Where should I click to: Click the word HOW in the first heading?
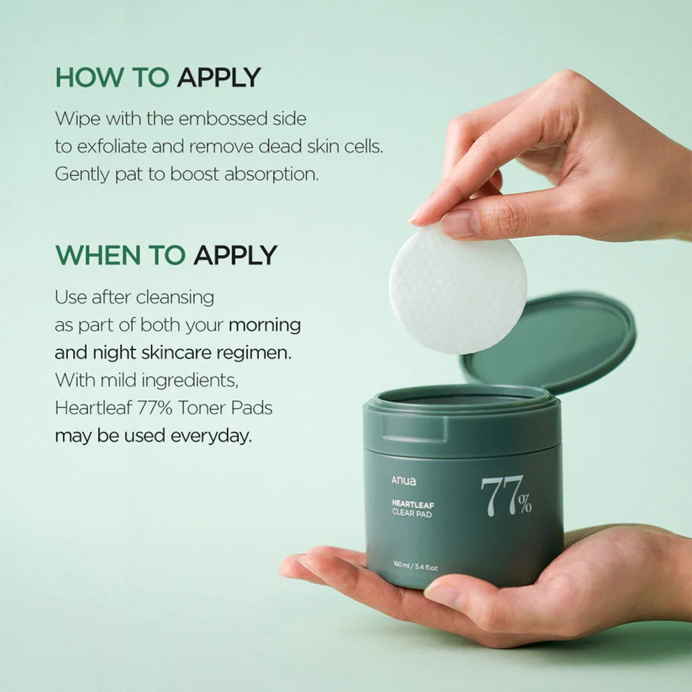click(82, 77)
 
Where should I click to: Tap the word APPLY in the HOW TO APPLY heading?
click(218, 77)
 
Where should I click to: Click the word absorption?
click(276, 174)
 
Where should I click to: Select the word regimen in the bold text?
click(259, 353)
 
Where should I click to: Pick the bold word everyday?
click(211, 435)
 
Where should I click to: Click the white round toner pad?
click(457, 290)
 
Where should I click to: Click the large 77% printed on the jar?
click(506, 496)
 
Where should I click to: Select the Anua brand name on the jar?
click(403, 482)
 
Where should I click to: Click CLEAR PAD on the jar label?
click(412, 514)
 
